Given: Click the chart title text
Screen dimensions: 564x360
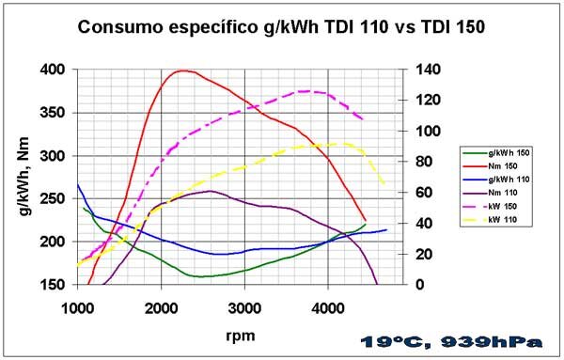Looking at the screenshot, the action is pyautogui.click(x=281, y=27).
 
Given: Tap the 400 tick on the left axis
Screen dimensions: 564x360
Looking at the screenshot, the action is pyautogui.click(x=53, y=69).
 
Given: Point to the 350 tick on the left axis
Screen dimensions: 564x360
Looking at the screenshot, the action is pyautogui.click(x=53, y=113).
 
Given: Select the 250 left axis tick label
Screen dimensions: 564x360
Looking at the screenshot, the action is pyautogui.click(x=53, y=198).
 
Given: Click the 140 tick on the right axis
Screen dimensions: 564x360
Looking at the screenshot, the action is pyautogui.click(x=428, y=69).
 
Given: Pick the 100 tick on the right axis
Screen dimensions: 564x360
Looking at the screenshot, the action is pyautogui.click(x=428, y=131).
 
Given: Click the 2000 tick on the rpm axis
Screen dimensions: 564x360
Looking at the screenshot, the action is pyautogui.click(x=161, y=308).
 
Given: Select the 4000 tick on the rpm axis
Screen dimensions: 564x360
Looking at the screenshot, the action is pyautogui.click(x=328, y=308).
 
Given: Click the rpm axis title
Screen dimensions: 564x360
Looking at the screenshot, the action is pyautogui.click(x=241, y=336).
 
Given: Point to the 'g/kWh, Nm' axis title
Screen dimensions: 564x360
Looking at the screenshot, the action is pyautogui.click(x=23, y=177).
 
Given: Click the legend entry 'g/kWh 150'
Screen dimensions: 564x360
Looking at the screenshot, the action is pyautogui.click(x=496, y=153).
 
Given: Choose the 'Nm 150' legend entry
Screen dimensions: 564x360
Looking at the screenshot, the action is pyautogui.click(x=490, y=166).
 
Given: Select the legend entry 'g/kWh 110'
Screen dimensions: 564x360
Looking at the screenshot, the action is pyautogui.click(x=496, y=180).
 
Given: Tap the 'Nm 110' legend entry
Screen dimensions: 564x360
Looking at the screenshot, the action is pyautogui.click(x=490, y=193).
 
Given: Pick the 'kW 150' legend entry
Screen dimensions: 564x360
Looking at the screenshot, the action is pyautogui.click(x=490, y=207).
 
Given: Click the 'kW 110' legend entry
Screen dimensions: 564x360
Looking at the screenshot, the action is pyautogui.click(x=490, y=220).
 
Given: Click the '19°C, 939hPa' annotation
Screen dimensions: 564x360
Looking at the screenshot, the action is pyautogui.click(x=451, y=342).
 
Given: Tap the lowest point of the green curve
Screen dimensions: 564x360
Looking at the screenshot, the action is pyautogui.click(x=200, y=276).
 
